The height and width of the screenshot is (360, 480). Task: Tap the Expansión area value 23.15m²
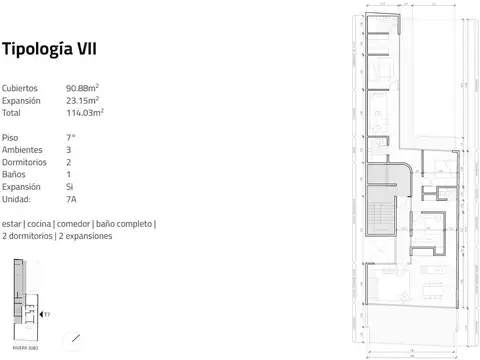tap(85, 101)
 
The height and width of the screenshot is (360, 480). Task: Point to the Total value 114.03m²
tap(85, 113)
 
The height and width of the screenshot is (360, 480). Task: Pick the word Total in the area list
tap(12, 113)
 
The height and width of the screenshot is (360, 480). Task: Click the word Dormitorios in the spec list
tap(24, 161)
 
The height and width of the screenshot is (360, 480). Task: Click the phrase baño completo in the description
tap(124, 224)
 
